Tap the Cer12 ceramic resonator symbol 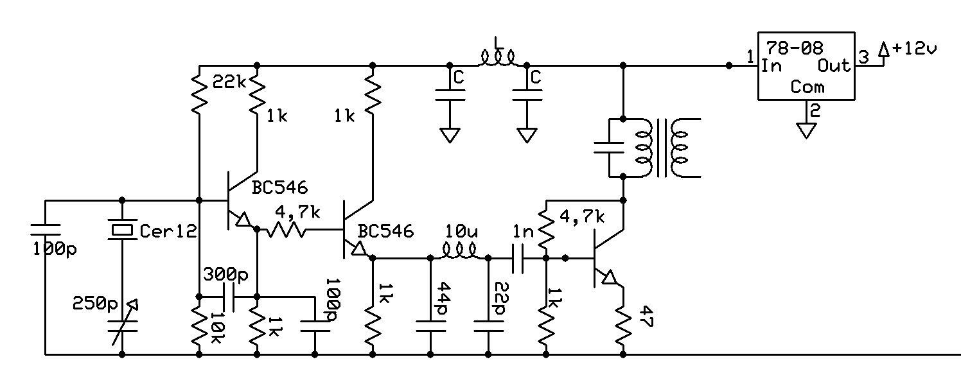(x=121, y=229)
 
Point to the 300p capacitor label (x=225, y=274)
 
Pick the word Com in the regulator (x=807, y=87)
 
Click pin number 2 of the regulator (x=815, y=110)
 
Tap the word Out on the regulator (x=834, y=65)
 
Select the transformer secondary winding (x=682, y=148)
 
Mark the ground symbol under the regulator (x=806, y=130)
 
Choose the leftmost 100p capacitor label (x=54, y=249)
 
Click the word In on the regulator (x=771, y=65)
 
